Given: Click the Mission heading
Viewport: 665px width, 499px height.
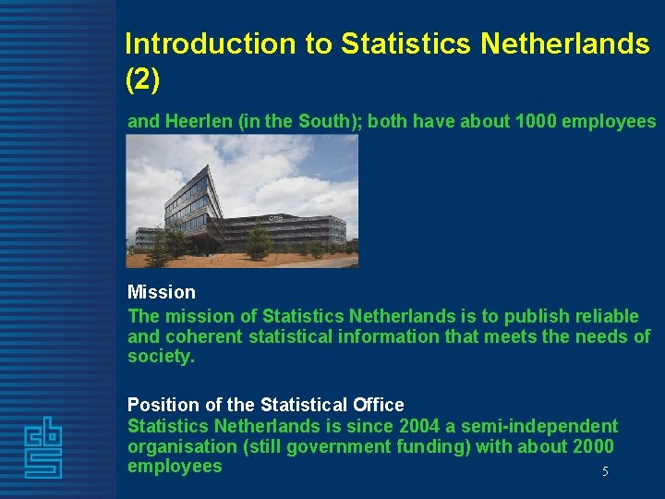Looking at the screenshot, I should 162,292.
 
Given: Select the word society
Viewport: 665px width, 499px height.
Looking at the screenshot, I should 161,356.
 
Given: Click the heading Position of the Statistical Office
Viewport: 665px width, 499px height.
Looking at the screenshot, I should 266,405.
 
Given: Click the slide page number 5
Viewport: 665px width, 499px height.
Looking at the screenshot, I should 605,472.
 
